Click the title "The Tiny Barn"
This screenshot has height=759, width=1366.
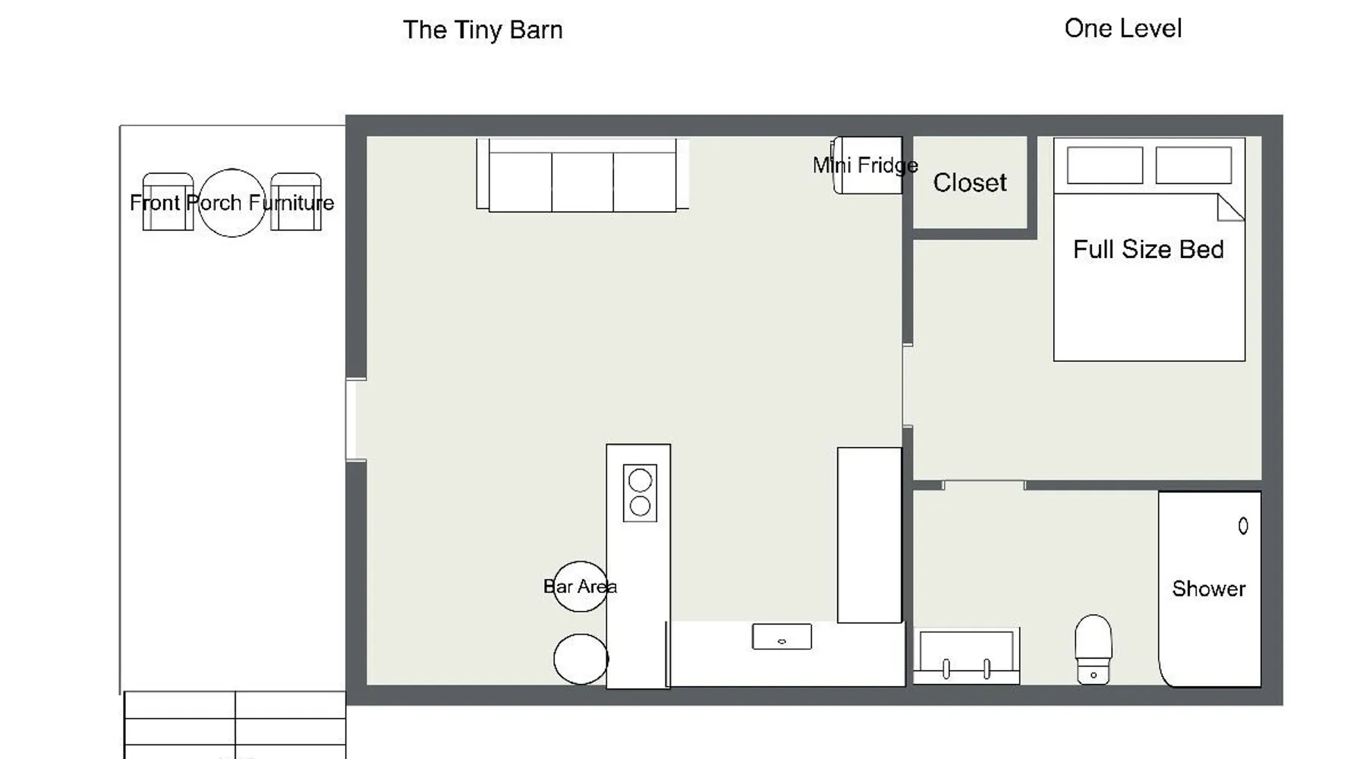coord(483,30)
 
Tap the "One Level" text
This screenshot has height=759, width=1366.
coord(1123,29)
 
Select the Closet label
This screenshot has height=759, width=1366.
coord(970,183)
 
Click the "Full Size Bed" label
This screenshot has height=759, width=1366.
coord(1148,250)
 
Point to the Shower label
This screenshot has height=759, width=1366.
coord(1209,589)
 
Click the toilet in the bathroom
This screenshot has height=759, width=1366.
coord(1094,650)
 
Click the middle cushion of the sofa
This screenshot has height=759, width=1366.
coord(582,182)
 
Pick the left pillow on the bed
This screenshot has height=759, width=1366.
coord(1105,165)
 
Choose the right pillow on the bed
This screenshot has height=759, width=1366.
coord(1194,165)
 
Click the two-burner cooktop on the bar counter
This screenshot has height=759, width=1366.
coord(640,493)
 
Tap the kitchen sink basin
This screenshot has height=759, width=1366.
coord(782,637)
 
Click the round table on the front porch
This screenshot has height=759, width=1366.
coord(232,203)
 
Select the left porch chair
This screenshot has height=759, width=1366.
coord(168,202)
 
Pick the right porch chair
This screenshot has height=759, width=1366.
coord(296,202)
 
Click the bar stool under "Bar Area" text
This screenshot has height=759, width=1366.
coord(581,587)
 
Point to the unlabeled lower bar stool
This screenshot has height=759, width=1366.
coord(581,659)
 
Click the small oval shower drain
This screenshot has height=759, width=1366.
coord(1243,526)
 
